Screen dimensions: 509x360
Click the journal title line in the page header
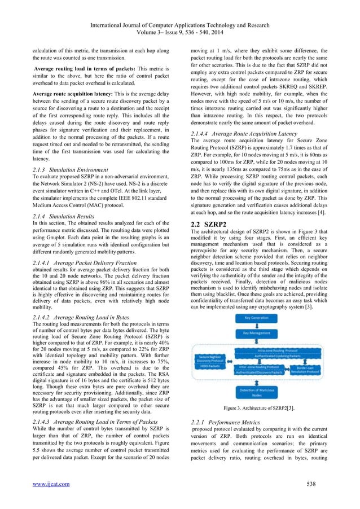[180, 8]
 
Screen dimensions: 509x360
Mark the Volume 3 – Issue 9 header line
[180, 17]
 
